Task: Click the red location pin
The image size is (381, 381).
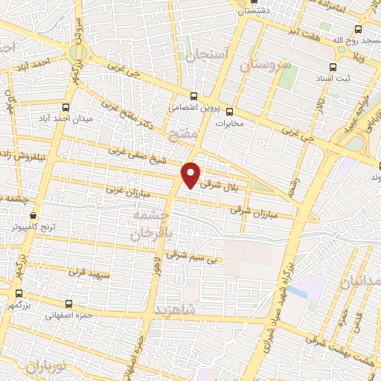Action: click(x=191, y=174)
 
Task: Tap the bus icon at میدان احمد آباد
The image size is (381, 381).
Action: click(x=66, y=106)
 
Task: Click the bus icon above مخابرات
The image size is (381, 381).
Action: click(x=228, y=111)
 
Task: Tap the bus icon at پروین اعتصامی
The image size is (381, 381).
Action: click(x=194, y=95)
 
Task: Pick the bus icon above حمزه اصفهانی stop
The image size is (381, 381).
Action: click(x=69, y=304)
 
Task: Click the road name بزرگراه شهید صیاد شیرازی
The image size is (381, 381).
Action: click(x=278, y=305)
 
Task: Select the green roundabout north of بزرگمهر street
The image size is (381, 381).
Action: click(x=78, y=53)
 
